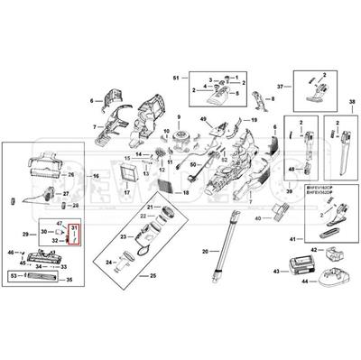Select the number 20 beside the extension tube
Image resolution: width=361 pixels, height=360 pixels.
205,250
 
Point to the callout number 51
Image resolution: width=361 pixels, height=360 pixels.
177,79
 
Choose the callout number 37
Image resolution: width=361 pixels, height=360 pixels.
280,86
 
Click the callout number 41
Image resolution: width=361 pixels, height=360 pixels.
292,237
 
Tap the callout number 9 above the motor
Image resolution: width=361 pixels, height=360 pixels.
179,118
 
